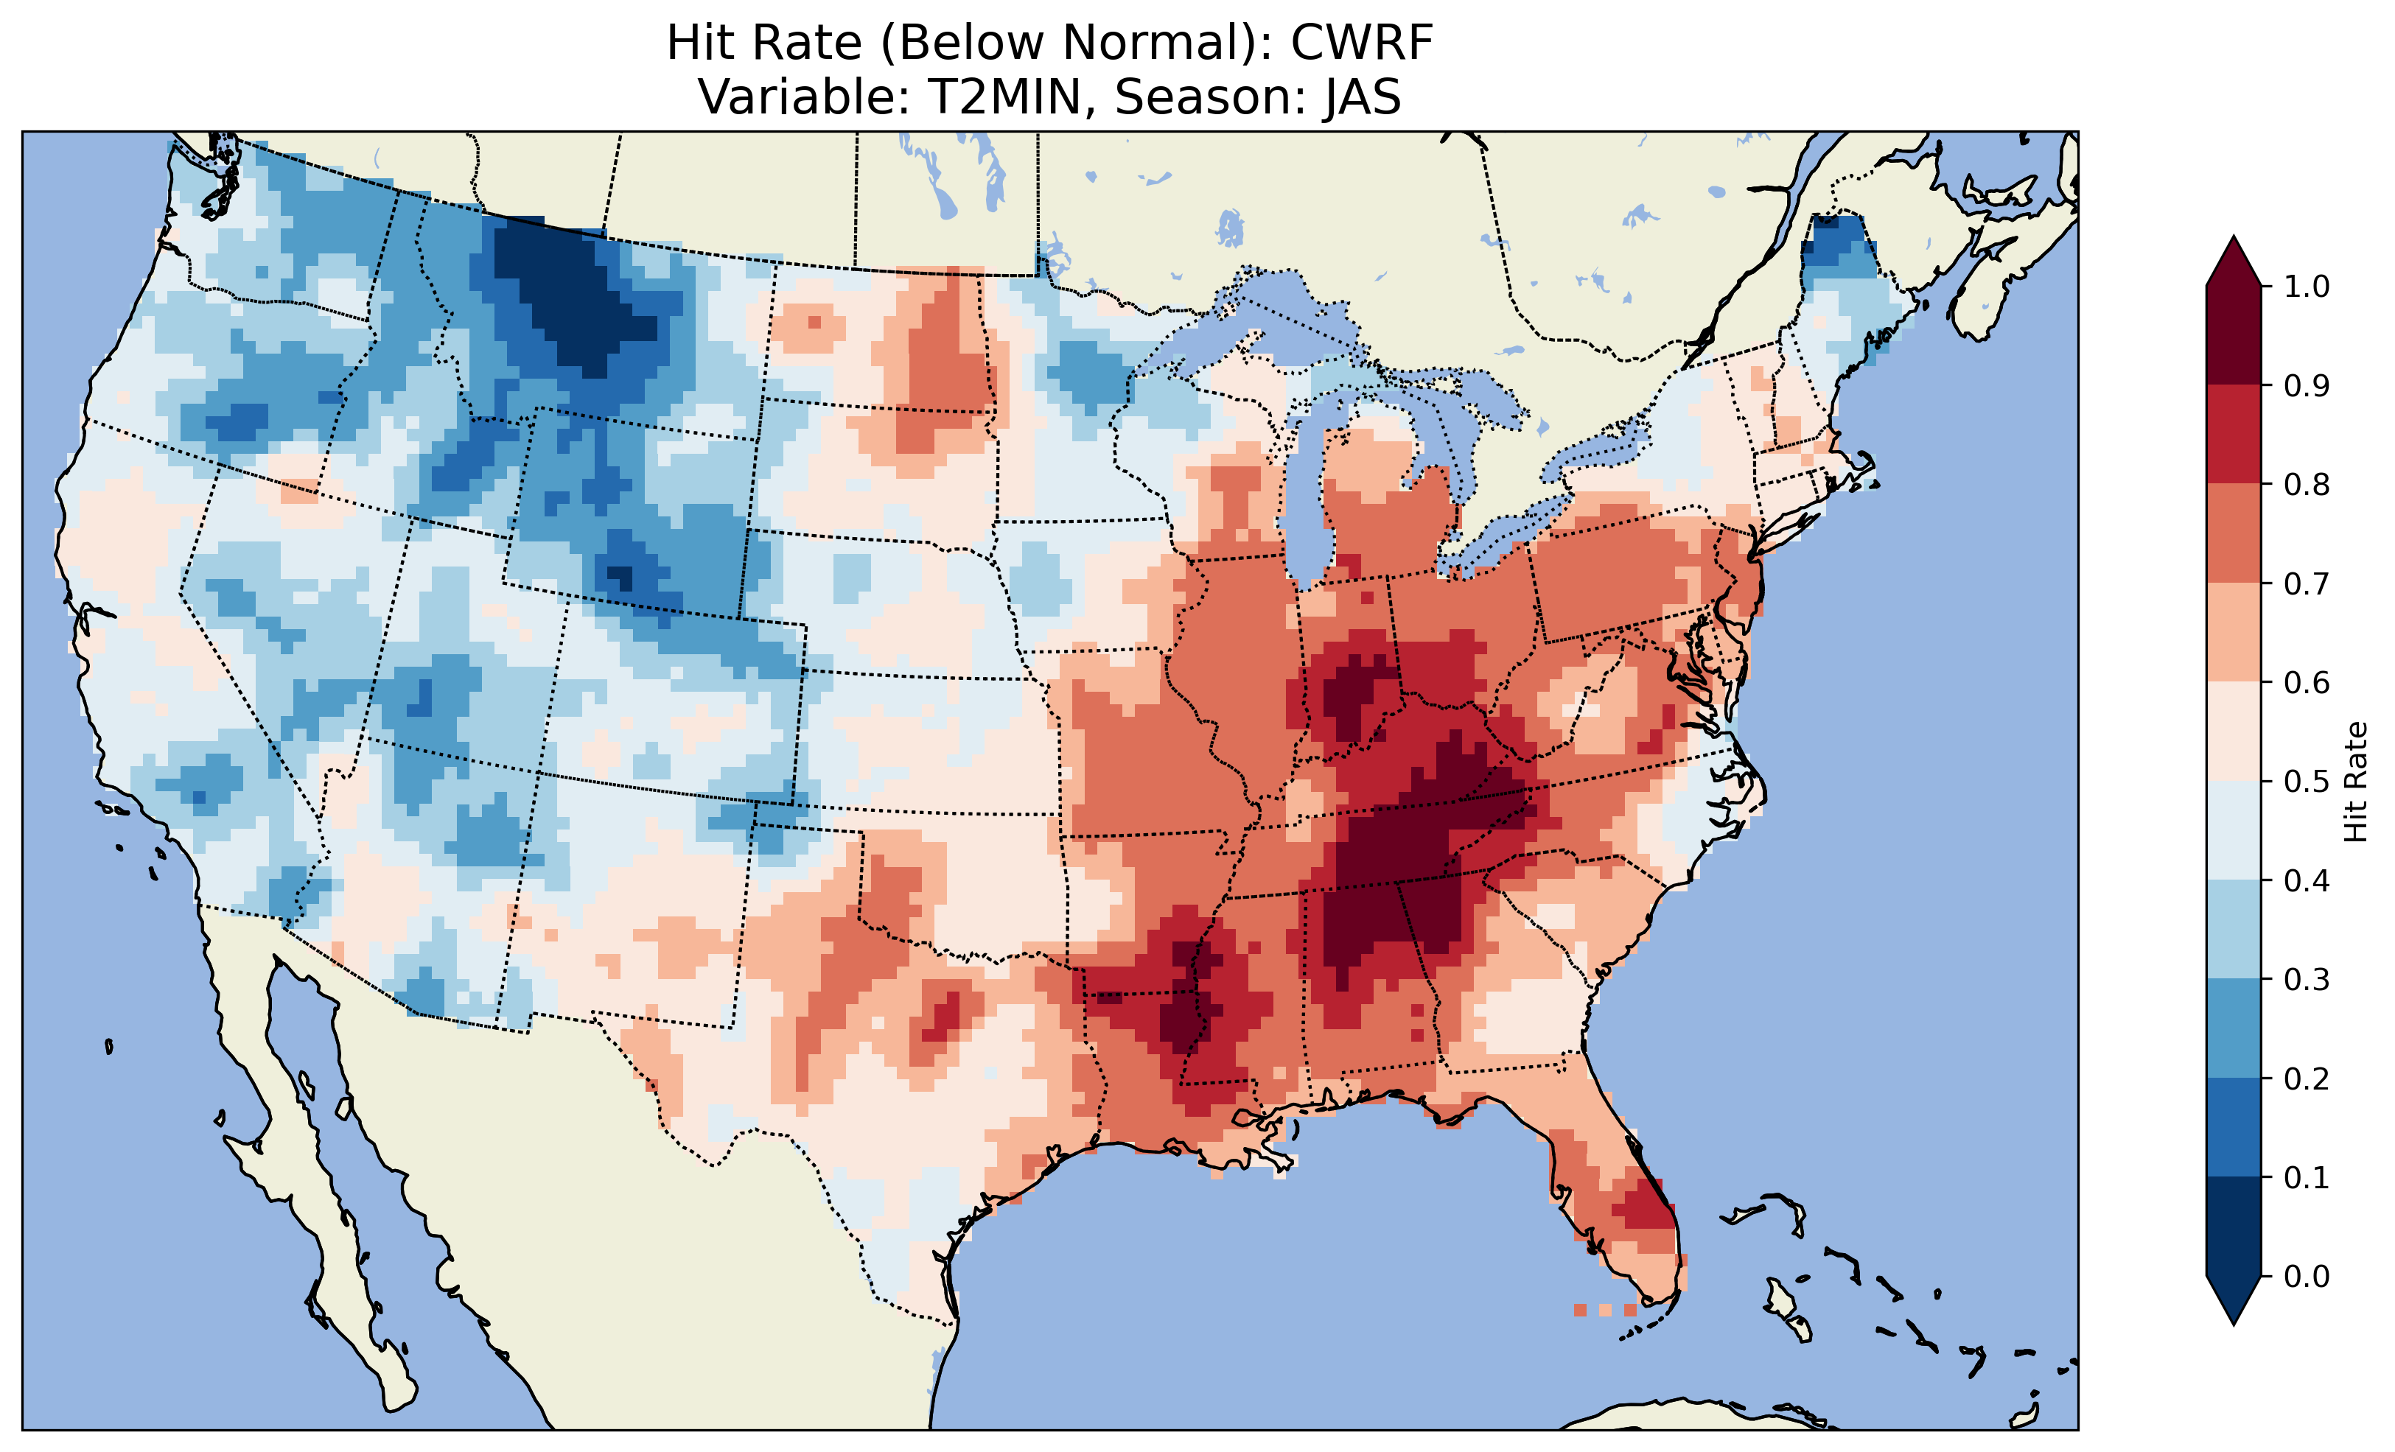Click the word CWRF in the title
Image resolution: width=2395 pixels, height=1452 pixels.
pyautogui.click(x=1361, y=43)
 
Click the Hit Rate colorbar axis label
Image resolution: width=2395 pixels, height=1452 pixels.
pyautogui.click(x=2355, y=782)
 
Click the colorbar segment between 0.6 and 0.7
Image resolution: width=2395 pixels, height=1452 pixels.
pyautogui.click(x=2234, y=633)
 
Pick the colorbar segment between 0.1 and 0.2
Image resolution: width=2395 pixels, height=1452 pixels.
pyautogui.click(x=2234, y=1127)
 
